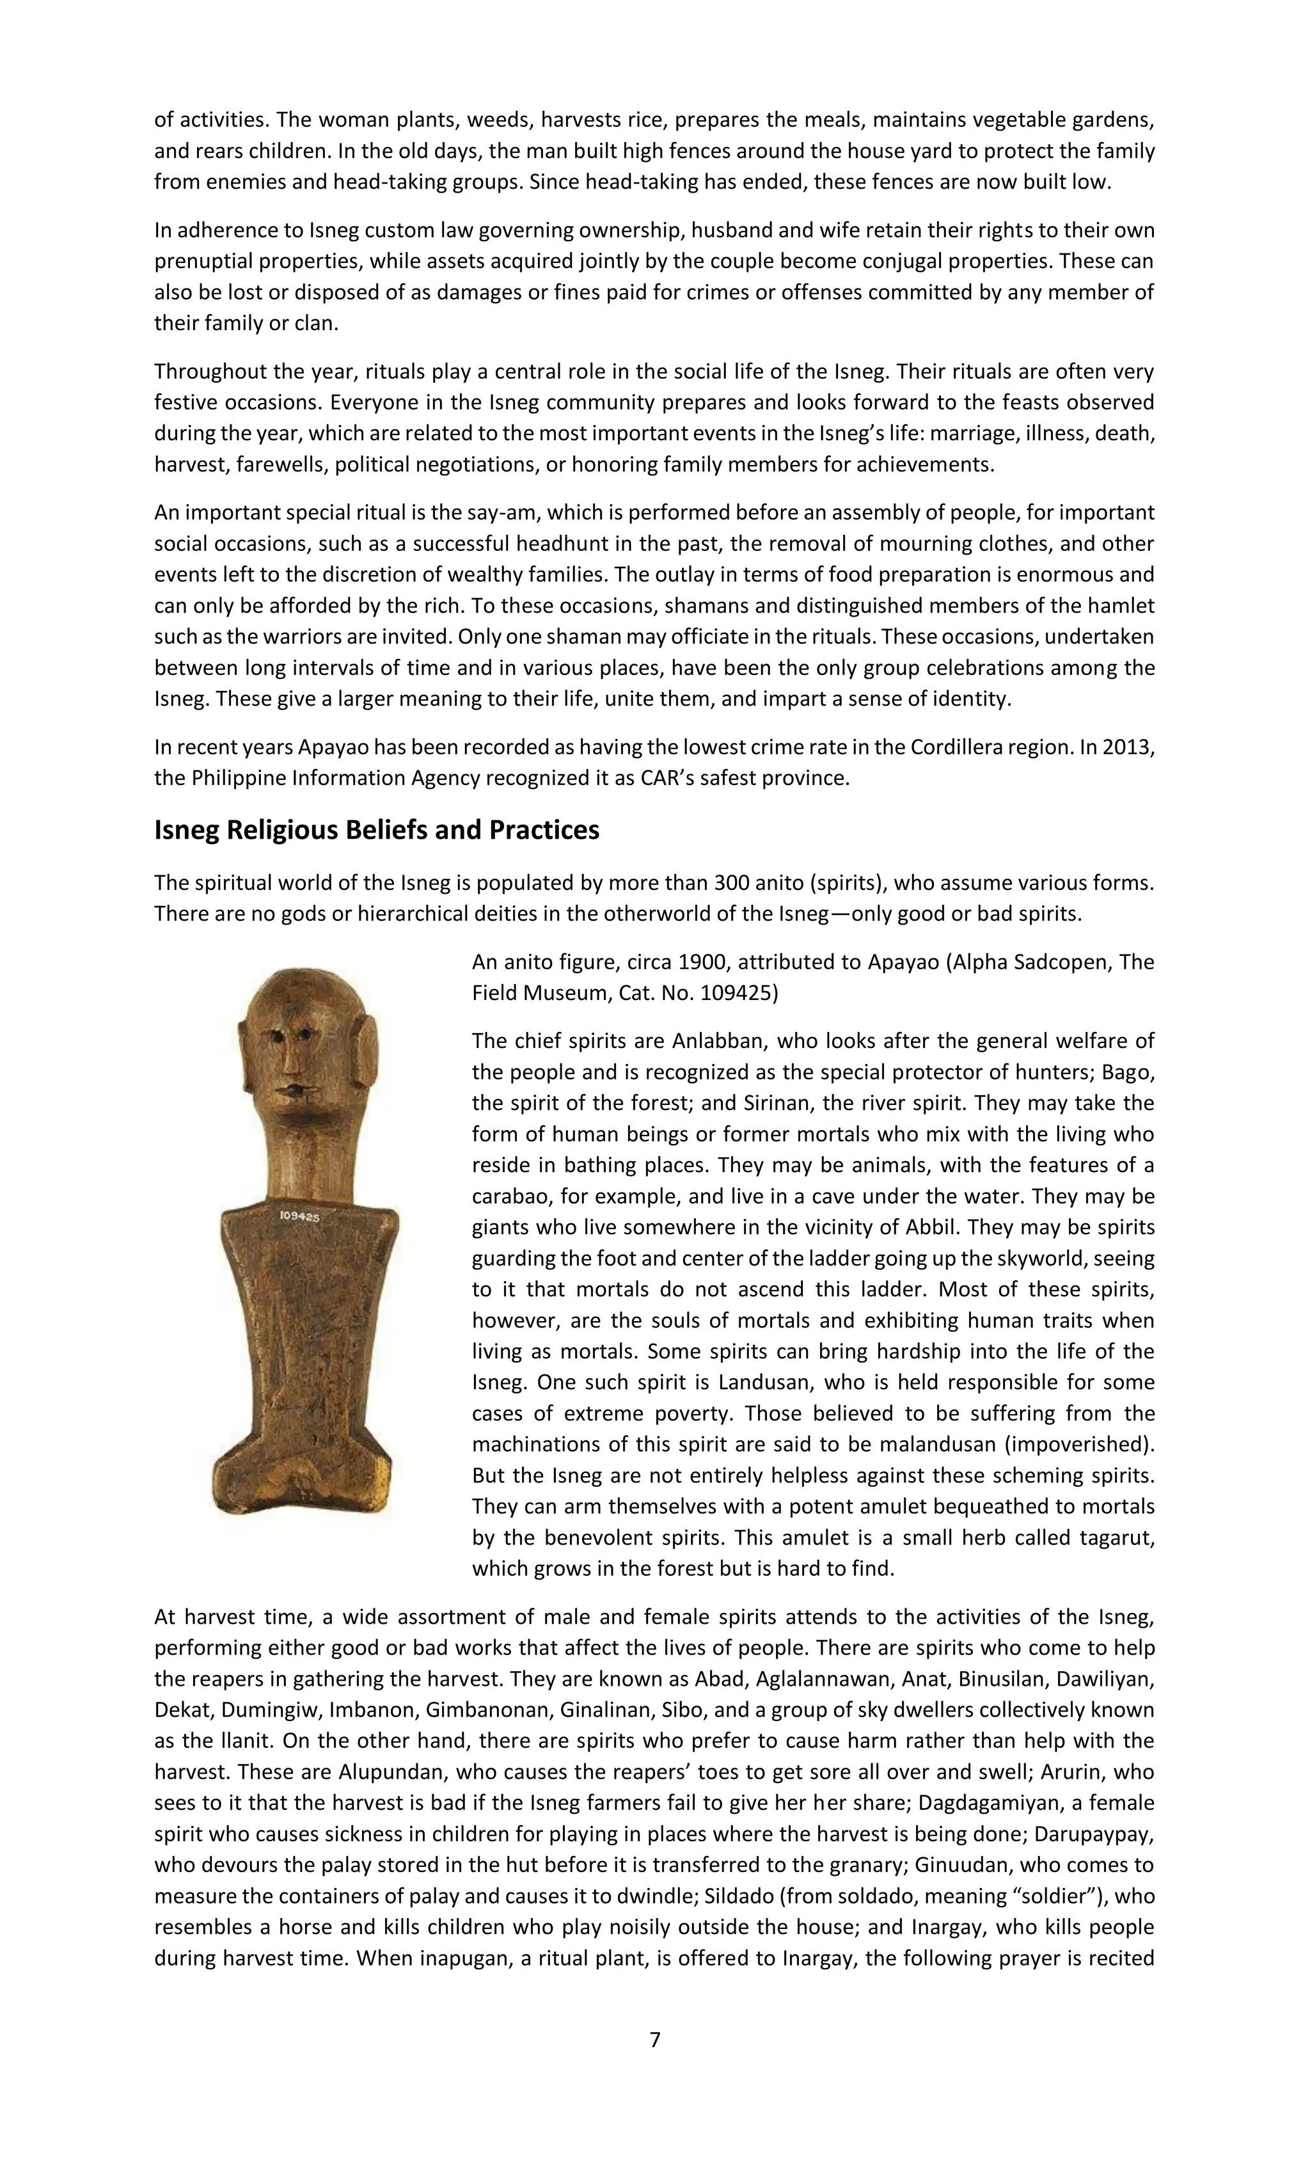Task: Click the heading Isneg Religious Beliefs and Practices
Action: click(377, 829)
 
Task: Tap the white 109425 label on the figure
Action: click(299, 1216)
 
